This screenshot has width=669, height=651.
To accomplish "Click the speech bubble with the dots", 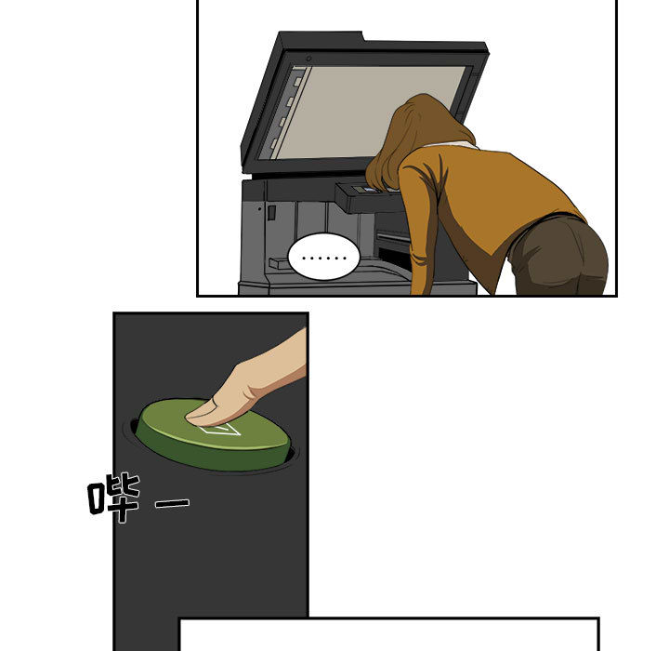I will tap(322, 255).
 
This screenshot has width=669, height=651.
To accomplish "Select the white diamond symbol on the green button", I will tap(221, 429).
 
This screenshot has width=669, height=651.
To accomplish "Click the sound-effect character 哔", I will tap(114, 498).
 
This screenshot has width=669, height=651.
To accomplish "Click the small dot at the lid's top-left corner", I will tap(308, 60).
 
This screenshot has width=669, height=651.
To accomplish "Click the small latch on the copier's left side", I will tap(271, 213).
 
